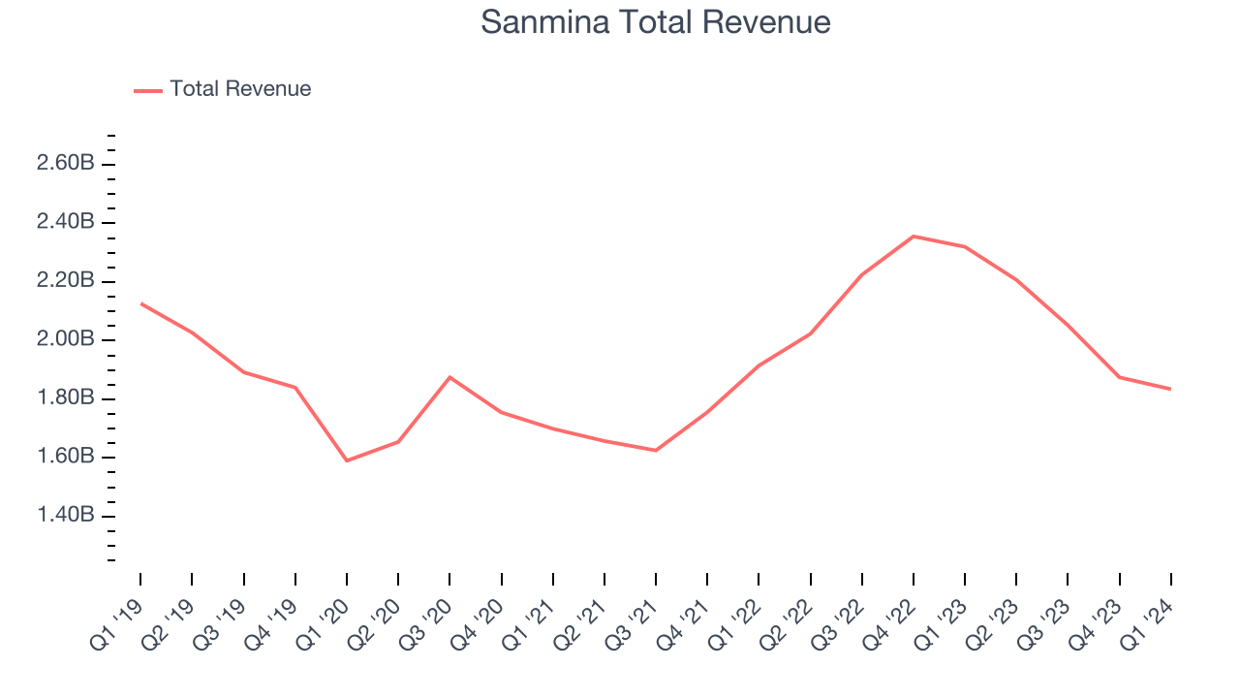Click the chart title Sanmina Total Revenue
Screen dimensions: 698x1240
click(655, 22)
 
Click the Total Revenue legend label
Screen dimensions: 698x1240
click(240, 89)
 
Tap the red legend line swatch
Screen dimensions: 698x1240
click(148, 90)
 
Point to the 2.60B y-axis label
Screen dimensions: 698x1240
click(66, 163)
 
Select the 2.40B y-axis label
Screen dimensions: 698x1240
click(66, 222)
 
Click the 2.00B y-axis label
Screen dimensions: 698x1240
click(66, 339)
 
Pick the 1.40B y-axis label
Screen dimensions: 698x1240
click(66, 515)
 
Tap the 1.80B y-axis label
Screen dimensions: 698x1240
click(66, 398)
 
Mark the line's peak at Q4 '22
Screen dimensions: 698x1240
click(914, 236)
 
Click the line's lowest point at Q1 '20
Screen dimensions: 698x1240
click(347, 460)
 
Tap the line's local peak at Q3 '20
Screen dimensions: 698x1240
click(449, 376)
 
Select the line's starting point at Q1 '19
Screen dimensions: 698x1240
click(140, 303)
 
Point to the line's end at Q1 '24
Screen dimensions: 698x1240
click(1171, 389)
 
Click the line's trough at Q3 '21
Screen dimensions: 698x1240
click(656, 450)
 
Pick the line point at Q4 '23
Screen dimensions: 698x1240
click(1120, 377)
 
